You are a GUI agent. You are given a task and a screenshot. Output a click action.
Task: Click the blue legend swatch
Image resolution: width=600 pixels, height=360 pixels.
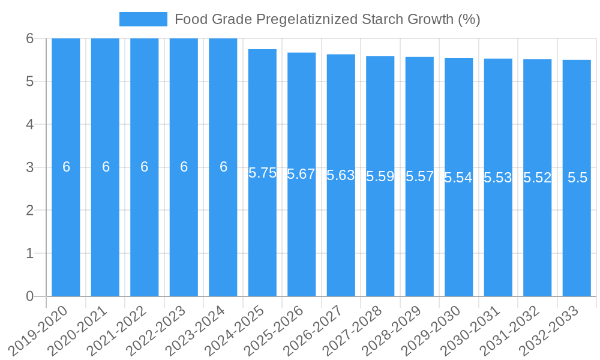[143, 19]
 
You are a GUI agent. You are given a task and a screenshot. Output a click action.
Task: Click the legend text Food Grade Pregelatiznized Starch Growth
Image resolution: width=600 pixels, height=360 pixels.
[327, 19]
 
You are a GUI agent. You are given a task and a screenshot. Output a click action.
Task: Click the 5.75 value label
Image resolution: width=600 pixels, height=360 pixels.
[262, 173]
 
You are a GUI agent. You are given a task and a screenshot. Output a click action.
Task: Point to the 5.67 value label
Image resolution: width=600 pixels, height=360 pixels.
[301, 174]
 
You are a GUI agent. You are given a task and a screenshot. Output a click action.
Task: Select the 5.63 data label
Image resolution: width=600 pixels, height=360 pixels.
[341, 175]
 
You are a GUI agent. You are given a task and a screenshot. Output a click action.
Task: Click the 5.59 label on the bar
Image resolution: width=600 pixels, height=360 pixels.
[380, 176]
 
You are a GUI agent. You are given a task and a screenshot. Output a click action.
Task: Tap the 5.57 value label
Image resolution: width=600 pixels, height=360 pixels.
[419, 176]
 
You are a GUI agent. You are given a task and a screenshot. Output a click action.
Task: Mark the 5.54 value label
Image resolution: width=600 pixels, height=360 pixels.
[458, 178]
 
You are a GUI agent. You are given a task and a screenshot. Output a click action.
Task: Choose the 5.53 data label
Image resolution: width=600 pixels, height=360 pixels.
[498, 178]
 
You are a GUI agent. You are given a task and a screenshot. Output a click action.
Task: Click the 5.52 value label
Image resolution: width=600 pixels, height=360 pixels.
[537, 178]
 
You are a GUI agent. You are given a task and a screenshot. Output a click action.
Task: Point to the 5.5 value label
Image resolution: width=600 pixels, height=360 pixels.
[577, 178]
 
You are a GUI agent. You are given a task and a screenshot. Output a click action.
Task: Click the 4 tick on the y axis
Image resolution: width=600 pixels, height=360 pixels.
[29, 124]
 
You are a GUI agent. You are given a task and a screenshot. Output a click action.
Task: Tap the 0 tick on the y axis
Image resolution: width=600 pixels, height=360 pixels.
[29, 296]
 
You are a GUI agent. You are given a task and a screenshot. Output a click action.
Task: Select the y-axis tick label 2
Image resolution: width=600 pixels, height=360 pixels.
[29, 211]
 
